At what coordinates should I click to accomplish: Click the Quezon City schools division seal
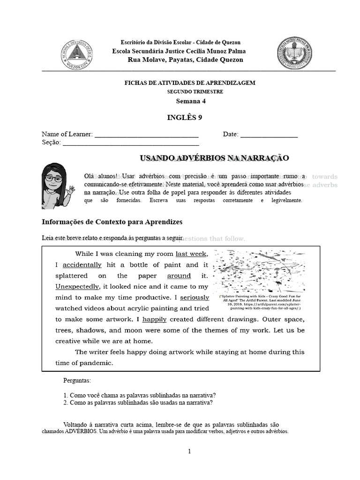77,53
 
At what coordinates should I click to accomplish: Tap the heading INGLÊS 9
185,117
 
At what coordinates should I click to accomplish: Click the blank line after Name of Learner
147,135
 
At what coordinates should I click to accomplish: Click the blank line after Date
269,135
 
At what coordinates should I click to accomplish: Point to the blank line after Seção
131,143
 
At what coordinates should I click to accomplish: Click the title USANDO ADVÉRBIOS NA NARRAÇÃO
215,158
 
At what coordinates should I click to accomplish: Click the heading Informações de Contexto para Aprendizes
112,222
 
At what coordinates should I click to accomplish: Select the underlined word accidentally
82,265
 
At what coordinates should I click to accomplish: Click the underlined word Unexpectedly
77,286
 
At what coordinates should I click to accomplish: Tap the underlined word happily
154,319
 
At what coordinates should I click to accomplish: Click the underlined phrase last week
191,254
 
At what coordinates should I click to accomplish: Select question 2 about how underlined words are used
138,402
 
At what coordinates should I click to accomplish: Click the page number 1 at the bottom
189,452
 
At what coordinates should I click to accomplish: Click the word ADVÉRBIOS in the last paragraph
81,431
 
